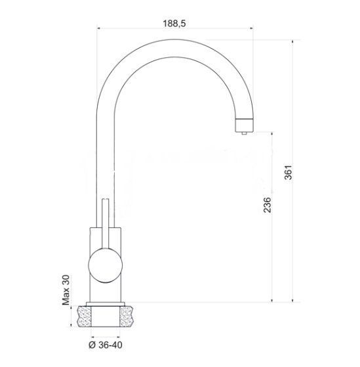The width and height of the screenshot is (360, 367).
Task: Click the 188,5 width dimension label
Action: click(x=174, y=24)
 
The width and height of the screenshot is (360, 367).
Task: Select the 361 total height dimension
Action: click(x=289, y=173)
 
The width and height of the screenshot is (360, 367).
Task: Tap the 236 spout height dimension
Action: click(x=268, y=205)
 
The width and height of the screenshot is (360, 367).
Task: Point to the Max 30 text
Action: click(x=66, y=290)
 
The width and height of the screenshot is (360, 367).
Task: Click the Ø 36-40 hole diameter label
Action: click(x=106, y=345)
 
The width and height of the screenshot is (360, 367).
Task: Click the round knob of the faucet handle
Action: click(x=106, y=265)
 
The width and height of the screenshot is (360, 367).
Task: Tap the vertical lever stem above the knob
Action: click(x=106, y=223)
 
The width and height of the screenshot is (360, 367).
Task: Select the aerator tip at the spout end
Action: click(x=244, y=125)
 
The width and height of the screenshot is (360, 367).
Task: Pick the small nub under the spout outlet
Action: click(x=244, y=133)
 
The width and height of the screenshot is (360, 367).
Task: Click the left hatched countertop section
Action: click(x=84, y=316)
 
